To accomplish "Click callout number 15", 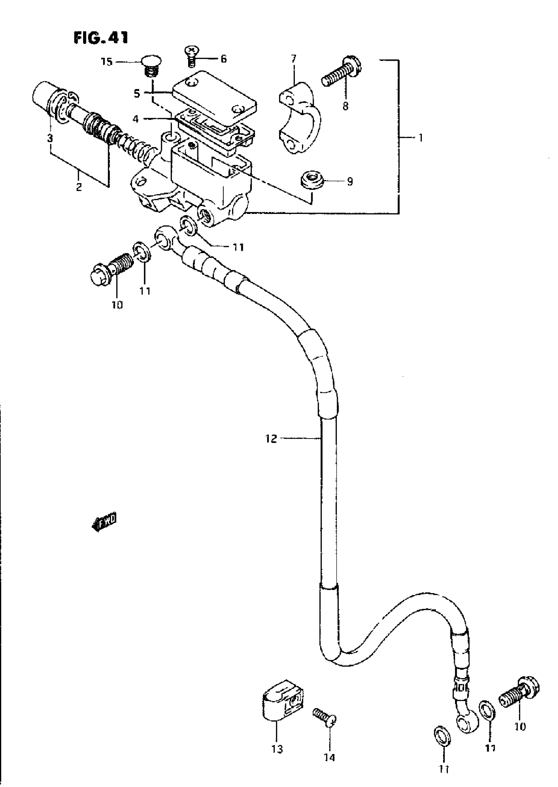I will [x=107, y=62].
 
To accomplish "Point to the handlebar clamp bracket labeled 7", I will [x=299, y=117].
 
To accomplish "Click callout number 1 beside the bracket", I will [x=420, y=138].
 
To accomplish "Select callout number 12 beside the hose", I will [x=271, y=439].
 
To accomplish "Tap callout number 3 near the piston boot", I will [x=50, y=138].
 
